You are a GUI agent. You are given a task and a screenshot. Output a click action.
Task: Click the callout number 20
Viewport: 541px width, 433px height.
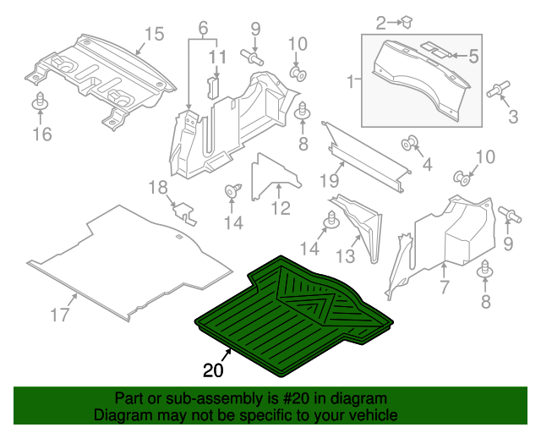214,370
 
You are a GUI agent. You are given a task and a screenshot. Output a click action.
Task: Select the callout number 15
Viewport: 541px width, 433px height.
153,35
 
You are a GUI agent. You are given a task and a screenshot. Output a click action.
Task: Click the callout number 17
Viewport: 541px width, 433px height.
58,316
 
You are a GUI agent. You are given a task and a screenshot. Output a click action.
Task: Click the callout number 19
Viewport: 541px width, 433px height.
334,180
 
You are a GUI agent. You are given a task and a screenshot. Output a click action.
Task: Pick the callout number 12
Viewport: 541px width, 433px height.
281,208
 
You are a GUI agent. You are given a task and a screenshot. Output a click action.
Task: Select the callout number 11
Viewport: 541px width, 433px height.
219,57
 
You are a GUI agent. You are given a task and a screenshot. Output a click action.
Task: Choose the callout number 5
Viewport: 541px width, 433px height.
473,57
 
